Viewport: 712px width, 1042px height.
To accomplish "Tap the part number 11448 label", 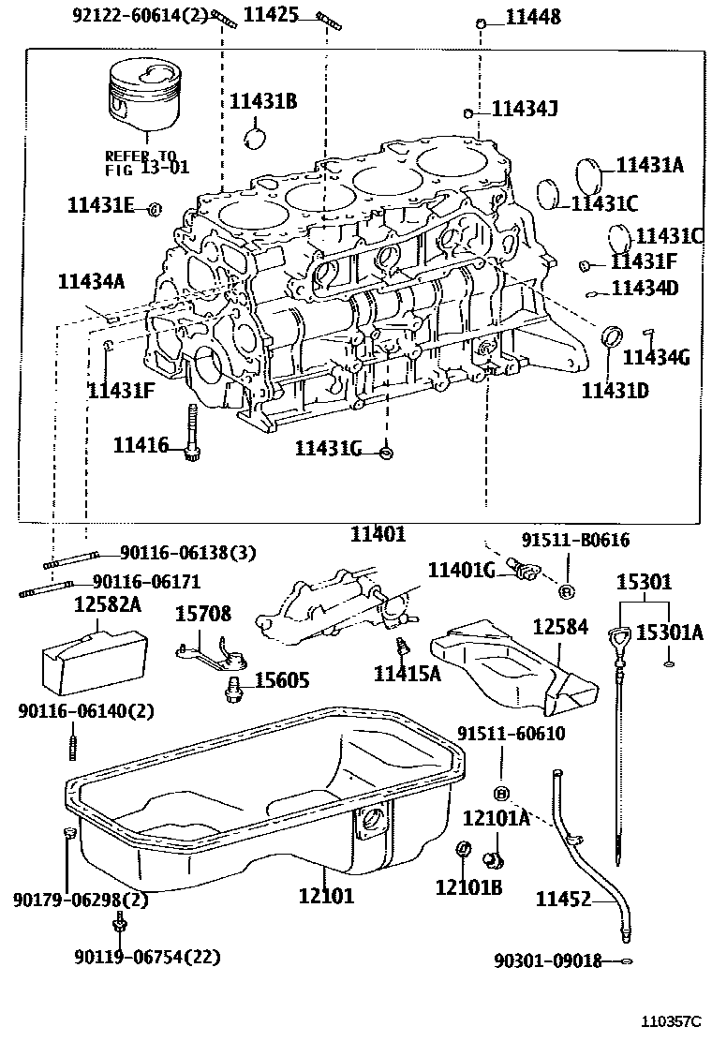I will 533,17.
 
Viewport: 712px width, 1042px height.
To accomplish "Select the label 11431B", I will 263,101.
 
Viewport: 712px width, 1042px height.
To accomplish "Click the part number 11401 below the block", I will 378,534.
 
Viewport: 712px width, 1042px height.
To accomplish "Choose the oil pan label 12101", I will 326,896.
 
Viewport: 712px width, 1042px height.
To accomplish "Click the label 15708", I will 204,615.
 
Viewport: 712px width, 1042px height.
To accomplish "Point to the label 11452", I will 563,900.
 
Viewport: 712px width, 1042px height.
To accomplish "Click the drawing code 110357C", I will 670,1020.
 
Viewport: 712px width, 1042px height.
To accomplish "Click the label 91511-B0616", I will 575,540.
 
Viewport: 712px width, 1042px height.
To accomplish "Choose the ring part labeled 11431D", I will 612,335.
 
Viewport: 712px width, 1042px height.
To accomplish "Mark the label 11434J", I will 525,110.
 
